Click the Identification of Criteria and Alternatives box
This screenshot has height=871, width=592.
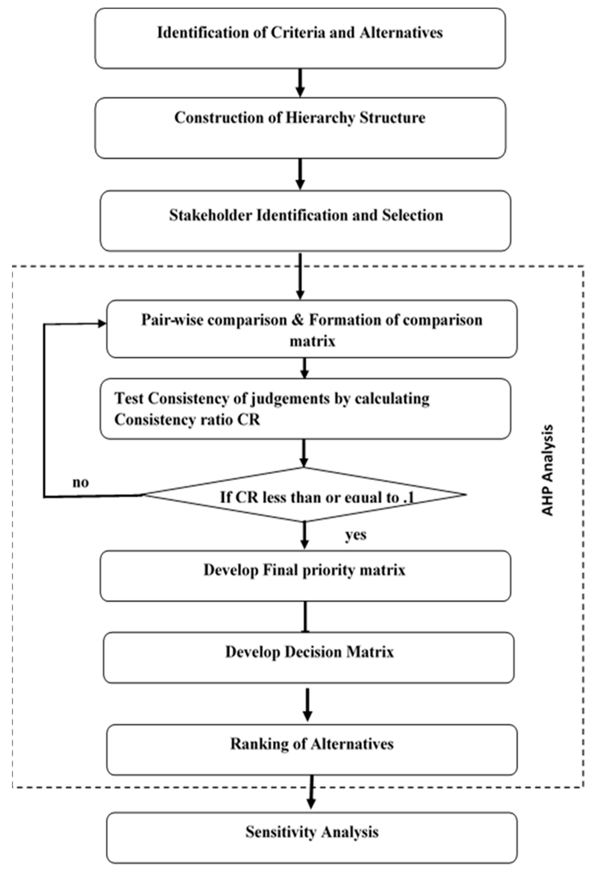(x=300, y=38)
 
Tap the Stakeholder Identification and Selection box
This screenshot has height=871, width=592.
(x=305, y=221)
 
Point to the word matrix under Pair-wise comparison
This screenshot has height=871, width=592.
(x=312, y=341)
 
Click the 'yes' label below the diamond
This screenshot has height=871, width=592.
(x=355, y=535)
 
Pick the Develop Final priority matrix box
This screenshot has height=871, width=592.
(x=305, y=576)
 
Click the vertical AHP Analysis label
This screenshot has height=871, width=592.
(x=548, y=470)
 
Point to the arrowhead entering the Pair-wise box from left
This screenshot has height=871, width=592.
(x=102, y=323)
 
